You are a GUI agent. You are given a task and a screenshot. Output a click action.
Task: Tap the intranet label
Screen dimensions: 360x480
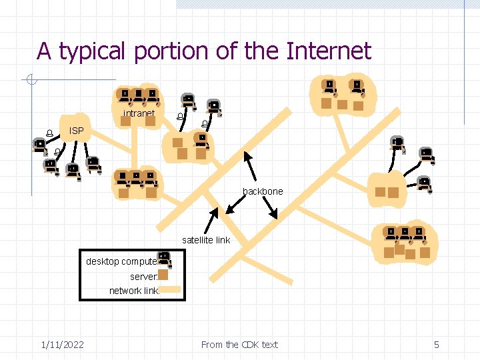point(139,113)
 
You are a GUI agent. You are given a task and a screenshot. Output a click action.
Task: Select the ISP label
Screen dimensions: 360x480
point(77,131)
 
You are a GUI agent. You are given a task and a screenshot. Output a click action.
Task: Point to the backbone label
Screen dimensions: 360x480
point(263,191)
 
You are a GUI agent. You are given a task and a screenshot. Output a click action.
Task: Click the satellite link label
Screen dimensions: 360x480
point(206,240)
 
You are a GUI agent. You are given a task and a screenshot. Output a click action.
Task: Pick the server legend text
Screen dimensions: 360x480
point(143,276)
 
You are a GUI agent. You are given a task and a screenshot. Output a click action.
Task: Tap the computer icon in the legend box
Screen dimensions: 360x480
point(164,260)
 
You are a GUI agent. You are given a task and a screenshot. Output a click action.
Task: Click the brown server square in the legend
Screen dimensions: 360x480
point(163,275)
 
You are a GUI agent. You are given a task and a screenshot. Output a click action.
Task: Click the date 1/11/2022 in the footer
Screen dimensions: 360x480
point(62,345)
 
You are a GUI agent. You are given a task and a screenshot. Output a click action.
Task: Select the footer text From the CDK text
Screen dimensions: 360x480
point(239,345)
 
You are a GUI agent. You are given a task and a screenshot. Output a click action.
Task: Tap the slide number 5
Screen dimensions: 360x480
point(437,345)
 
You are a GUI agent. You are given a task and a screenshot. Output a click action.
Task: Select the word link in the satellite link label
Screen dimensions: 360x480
point(222,240)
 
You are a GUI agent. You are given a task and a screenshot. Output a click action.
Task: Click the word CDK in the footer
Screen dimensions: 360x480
point(250,345)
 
